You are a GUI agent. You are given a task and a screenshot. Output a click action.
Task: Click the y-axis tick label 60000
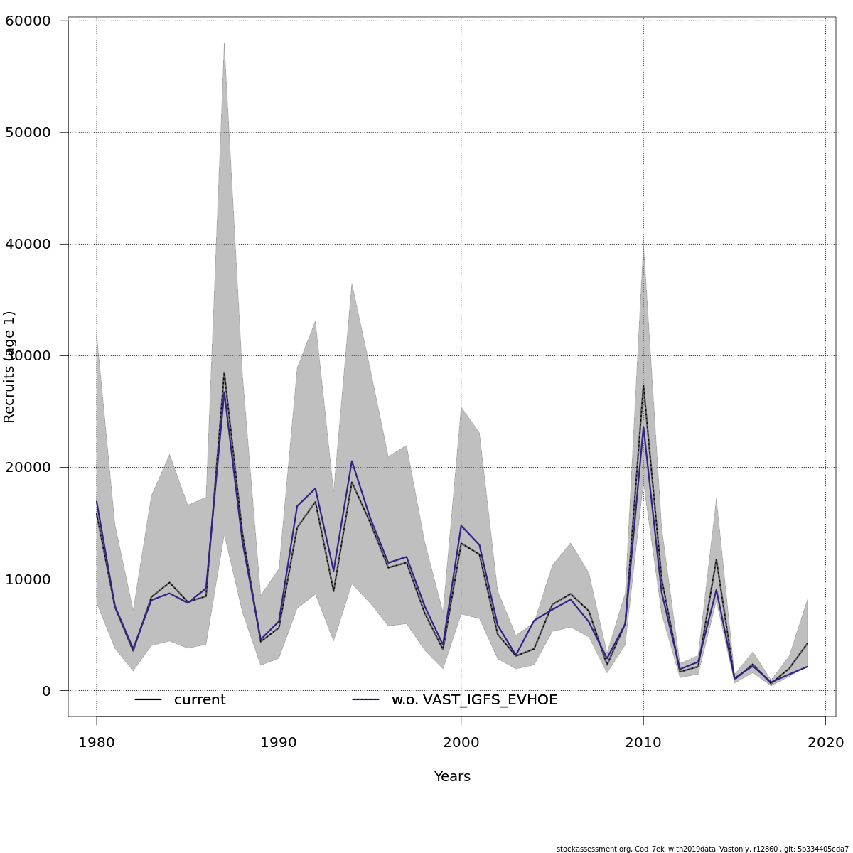pyautogui.click(x=28, y=21)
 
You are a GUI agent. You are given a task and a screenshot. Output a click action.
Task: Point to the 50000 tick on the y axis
pyautogui.click(x=28, y=132)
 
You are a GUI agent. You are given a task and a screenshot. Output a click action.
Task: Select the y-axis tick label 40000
pyautogui.click(x=28, y=244)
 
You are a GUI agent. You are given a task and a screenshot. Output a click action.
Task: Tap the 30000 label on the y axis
pyautogui.click(x=28, y=355)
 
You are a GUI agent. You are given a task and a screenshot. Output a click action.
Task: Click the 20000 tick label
pyautogui.click(x=28, y=467)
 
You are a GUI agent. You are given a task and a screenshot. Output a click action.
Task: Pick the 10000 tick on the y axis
pyautogui.click(x=28, y=579)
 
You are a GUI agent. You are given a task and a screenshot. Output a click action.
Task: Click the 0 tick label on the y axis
pyautogui.click(x=46, y=691)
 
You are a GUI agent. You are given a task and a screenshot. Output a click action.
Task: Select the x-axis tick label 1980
pyautogui.click(x=97, y=743)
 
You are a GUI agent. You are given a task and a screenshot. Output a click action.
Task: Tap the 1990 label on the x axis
pyautogui.click(x=279, y=743)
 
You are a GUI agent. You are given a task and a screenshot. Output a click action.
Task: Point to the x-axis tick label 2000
pyautogui.click(x=461, y=743)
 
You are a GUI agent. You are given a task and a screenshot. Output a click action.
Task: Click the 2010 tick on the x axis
pyautogui.click(x=643, y=743)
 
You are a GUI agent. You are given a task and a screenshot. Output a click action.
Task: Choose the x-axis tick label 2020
pyautogui.click(x=825, y=743)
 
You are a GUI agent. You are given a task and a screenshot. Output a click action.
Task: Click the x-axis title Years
pyautogui.click(x=452, y=777)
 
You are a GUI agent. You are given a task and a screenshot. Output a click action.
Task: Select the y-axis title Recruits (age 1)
pyautogui.click(x=9, y=367)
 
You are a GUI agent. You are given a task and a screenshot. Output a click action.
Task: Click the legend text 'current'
pyautogui.click(x=200, y=700)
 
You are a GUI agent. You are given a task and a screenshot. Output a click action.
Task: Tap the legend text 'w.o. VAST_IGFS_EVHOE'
pyautogui.click(x=474, y=700)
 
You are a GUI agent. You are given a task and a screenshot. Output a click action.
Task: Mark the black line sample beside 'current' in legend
pyautogui.click(x=149, y=700)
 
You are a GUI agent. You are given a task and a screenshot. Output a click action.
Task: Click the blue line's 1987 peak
pyautogui.click(x=224, y=391)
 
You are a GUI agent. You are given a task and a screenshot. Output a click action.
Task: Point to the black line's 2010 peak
pyautogui.click(x=643, y=385)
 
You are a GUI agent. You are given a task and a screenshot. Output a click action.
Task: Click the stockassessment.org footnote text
pyautogui.click(x=702, y=849)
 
